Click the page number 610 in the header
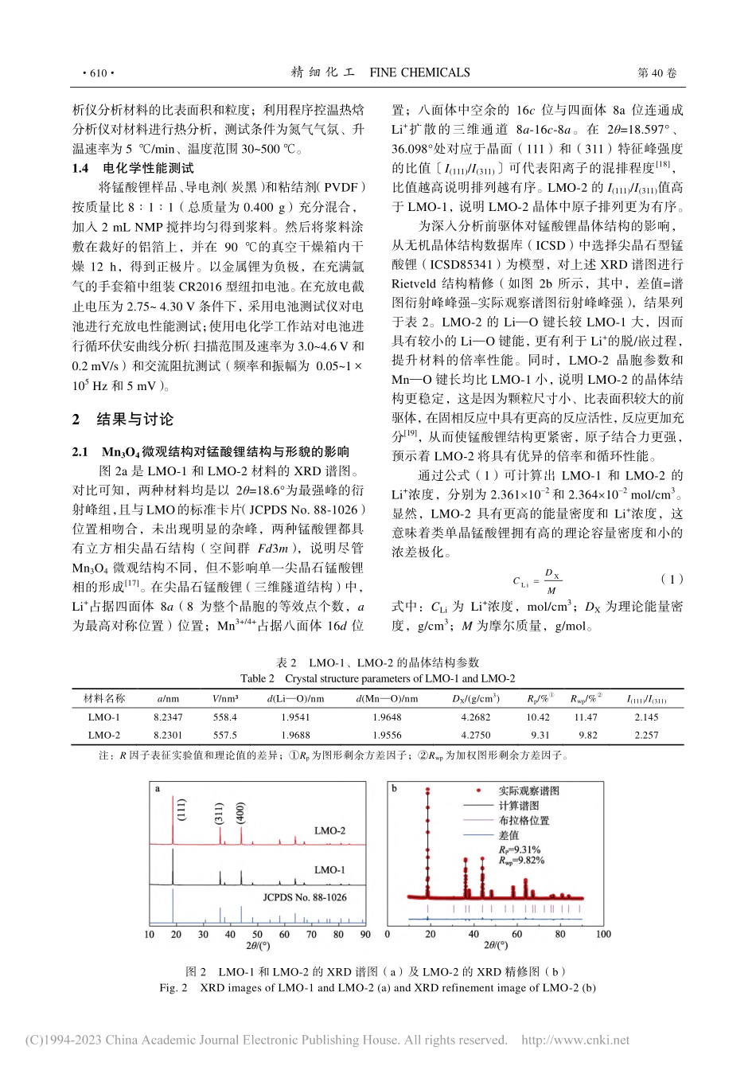coord(99,73)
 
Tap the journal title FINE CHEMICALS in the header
coord(419,73)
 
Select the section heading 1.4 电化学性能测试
coord(132,168)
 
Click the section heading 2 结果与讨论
coord(123,420)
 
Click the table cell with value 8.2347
coord(168,717)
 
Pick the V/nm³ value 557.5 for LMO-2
coord(225,735)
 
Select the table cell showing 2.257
coord(646,735)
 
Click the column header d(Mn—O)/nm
coord(388,699)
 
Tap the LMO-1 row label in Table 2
coord(104,717)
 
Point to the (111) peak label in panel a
coord(182,810)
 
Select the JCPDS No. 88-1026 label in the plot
coord(305,896)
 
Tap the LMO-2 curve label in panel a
coord(329,830)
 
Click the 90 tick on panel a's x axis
coord(364,935)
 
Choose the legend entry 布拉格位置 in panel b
coord(524,821)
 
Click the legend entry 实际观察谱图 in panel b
coord(528,791)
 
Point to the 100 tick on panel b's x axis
coord(602,935)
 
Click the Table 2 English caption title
coord(377,679)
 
